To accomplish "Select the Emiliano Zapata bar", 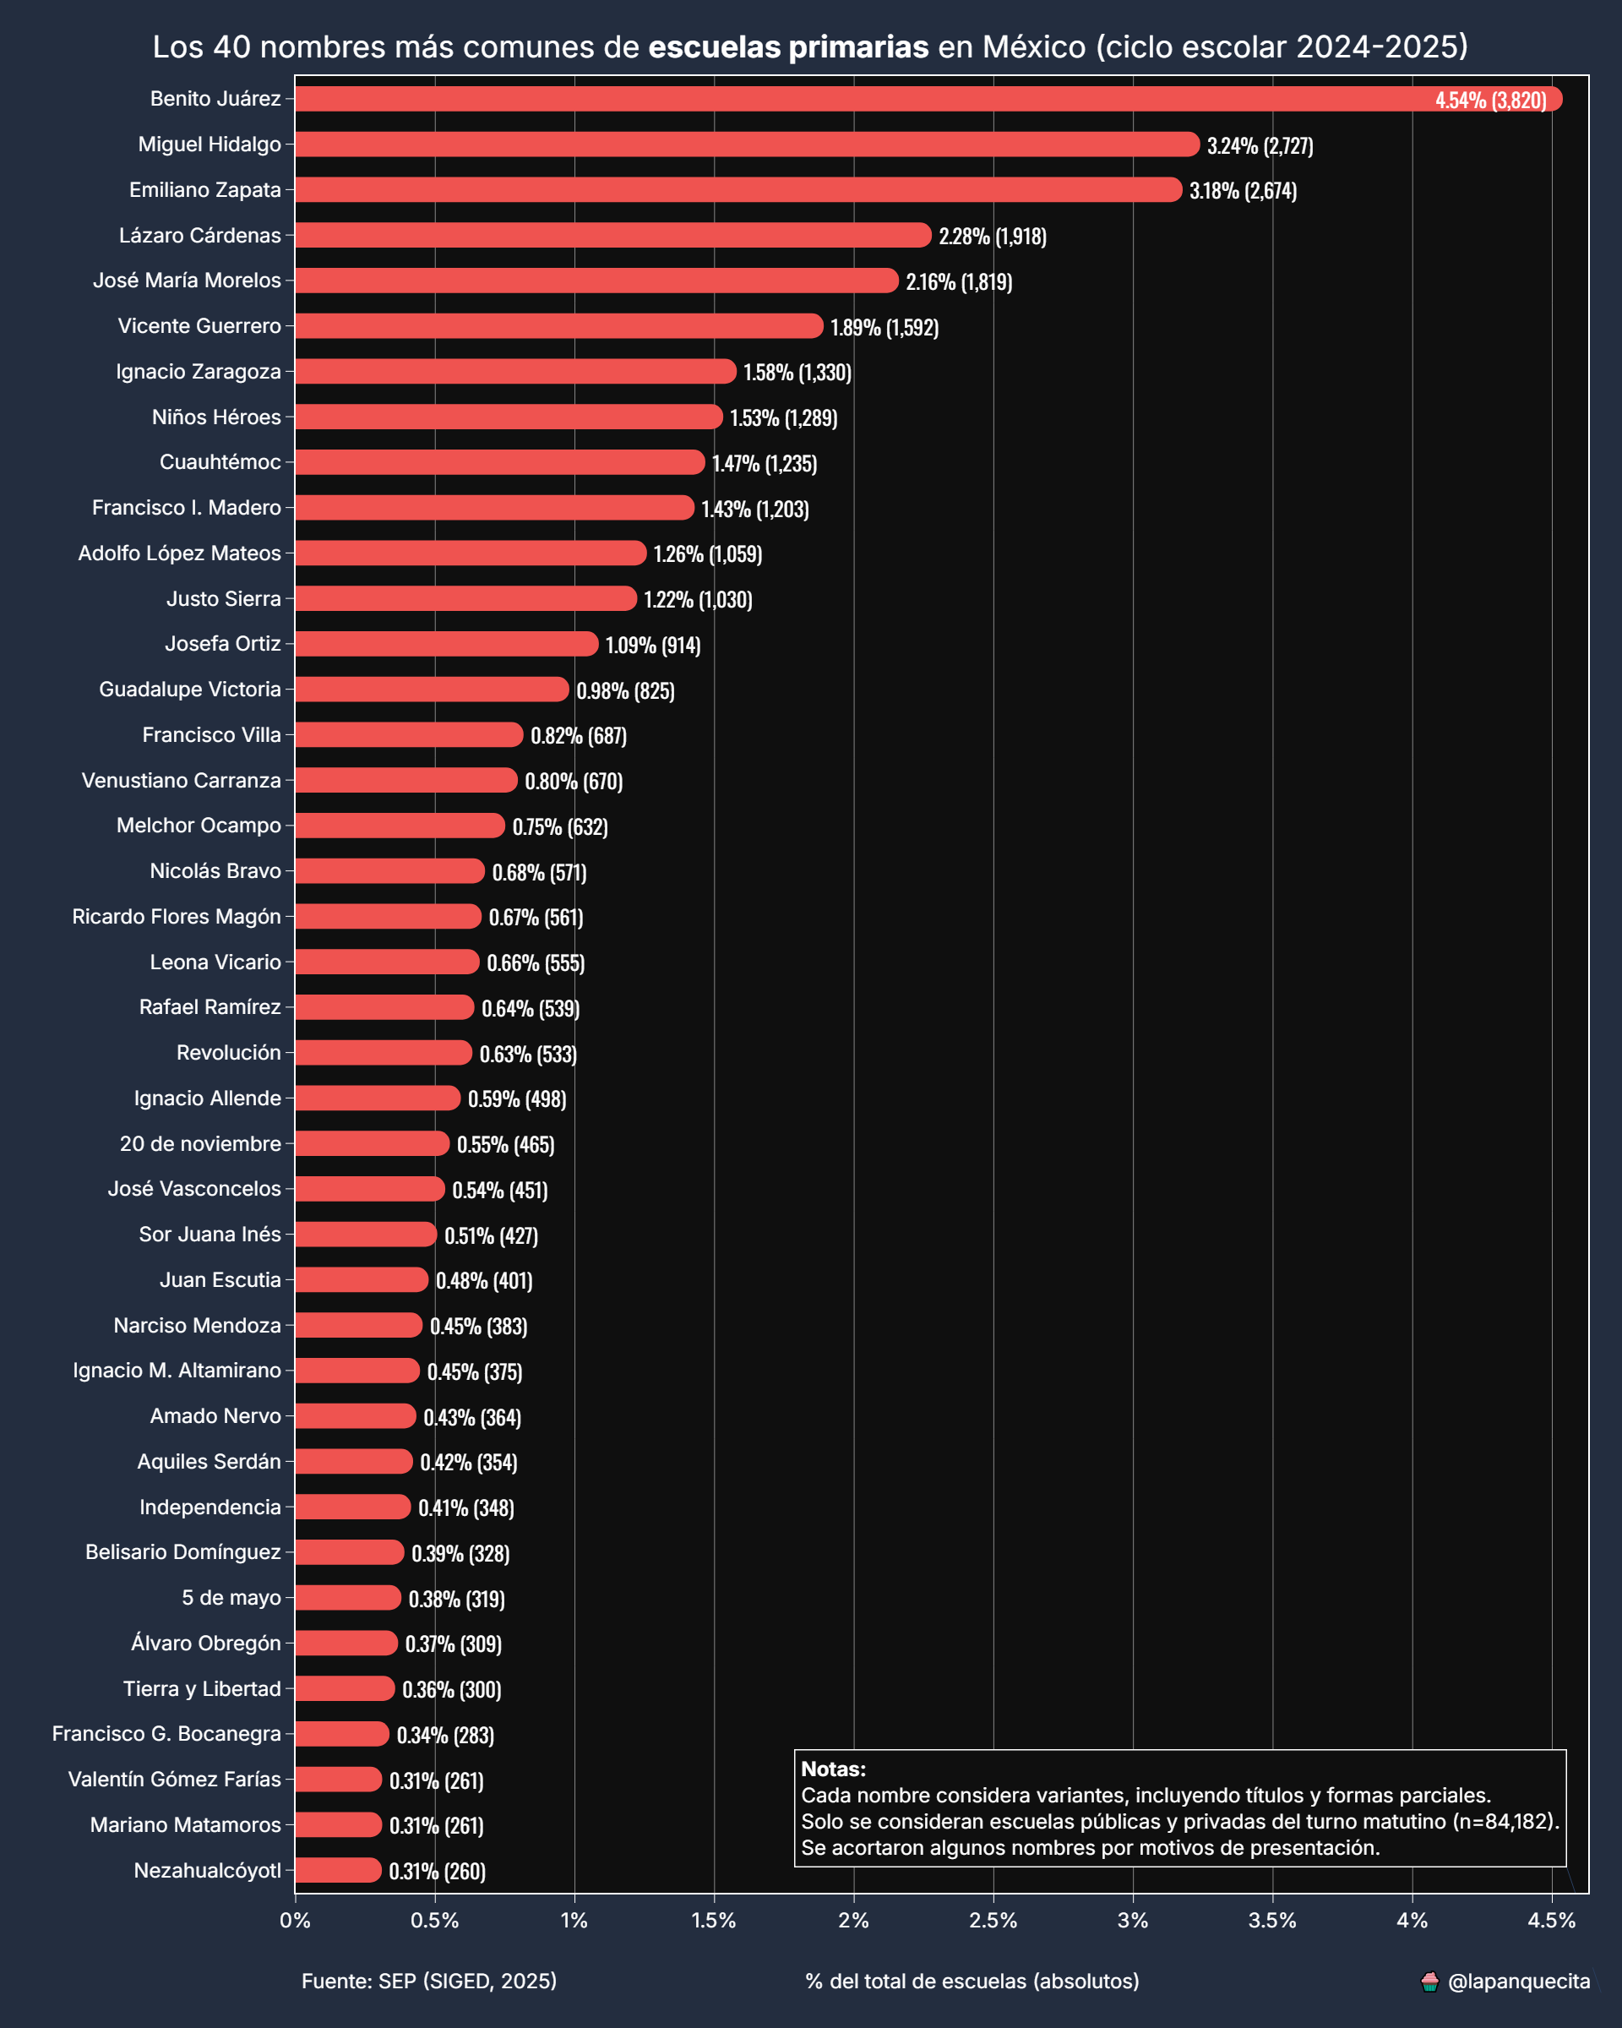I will [x=738, y=190].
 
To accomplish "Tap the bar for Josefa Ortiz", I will [x=447, y=645].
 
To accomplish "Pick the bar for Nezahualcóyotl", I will [x=339, y=1871].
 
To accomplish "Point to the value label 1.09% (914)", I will [x=652, y=646].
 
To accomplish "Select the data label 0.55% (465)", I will [x=506, y=1145].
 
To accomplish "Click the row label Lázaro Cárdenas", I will [x=199, y=235].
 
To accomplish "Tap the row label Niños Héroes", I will [x=216, y=417].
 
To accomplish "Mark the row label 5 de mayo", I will [x=231, y=1598].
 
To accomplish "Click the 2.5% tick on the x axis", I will [x=993, y=1921].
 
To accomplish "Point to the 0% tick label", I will [x=295, y=1921].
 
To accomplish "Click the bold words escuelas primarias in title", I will [x=788, y=47].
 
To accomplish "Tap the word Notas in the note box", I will [x=833, y=1769].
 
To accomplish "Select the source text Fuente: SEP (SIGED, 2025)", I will [x=429, y=1981].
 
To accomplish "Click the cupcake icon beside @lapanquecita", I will [x=1429, y=1982].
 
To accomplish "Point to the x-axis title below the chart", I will [x=972, y=1981].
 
